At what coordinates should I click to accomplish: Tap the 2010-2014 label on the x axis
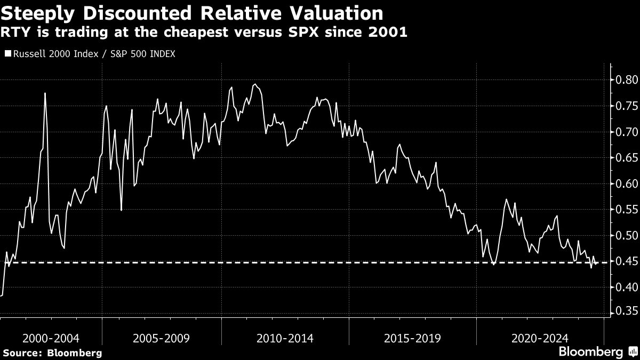click(x=285, y=338)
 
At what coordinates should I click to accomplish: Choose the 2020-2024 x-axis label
click(x=540, y=338)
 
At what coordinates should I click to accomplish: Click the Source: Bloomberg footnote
click(x=52, y=353)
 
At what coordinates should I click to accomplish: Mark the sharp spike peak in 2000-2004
click(x=45, y=93)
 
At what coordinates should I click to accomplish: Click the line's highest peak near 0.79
click(x=255, y=84)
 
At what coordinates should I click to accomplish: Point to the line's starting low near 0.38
click(x=2, y=295)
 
